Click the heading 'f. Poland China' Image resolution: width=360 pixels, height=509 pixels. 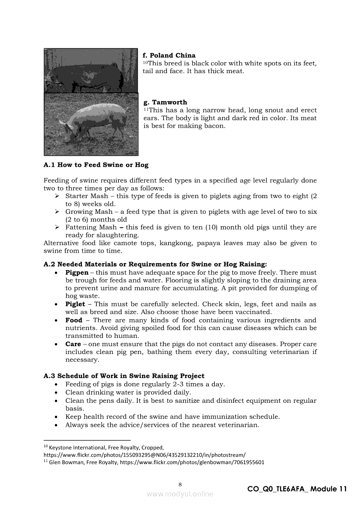coord(169,55)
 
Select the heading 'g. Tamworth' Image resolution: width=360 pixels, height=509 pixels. coord(165,102)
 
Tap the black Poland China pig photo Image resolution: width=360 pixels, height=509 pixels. coord(91,72)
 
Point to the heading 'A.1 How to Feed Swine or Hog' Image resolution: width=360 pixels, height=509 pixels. coord(96,165)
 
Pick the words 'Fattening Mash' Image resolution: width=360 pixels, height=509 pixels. coord(91,227)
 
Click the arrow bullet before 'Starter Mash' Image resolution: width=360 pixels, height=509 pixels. coord(57,196)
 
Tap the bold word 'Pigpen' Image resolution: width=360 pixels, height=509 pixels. coord(77,273)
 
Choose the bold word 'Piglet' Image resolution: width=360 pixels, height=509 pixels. coord(75,304)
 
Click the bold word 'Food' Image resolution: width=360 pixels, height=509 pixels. coord(74,320)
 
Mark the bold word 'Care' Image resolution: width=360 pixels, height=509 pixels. coord(73,344)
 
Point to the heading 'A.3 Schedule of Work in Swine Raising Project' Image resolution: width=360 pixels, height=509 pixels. coord(124,376)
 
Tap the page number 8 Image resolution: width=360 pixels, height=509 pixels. coord(180,484)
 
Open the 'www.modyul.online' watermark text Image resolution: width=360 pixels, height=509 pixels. coord(180,494)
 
